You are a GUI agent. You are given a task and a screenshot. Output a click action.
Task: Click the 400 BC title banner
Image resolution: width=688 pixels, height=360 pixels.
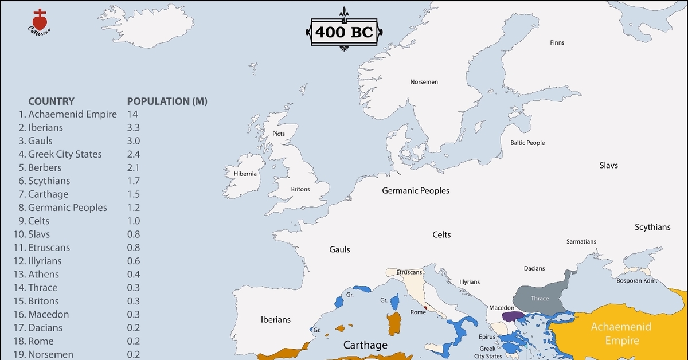(344, 32)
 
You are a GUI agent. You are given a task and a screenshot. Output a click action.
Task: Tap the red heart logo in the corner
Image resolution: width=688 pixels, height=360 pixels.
(39, 21)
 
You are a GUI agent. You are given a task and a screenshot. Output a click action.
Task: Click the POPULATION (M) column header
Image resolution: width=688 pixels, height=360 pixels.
(167, 101)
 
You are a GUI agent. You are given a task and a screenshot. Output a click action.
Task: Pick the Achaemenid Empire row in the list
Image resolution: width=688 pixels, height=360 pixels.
(72, 114)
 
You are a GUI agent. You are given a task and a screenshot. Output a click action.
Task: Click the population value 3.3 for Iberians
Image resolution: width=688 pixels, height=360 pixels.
(134, 127)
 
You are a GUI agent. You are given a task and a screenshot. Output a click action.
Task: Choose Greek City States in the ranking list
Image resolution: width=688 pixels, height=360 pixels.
(65, 154)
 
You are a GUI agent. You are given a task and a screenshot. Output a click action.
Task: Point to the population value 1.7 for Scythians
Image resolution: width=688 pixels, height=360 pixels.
(134, 181)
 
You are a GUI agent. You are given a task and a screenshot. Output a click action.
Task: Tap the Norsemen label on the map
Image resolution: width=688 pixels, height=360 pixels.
(424, 82)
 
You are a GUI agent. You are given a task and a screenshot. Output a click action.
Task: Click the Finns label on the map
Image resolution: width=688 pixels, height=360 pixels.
(557, 43)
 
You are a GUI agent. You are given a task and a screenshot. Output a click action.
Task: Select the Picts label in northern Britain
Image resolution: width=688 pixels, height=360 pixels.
(279, 134)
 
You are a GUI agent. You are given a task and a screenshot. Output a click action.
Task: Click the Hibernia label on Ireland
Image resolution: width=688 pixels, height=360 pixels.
(245, 174)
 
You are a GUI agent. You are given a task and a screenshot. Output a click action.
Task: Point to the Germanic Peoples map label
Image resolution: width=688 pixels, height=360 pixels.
(416, 190)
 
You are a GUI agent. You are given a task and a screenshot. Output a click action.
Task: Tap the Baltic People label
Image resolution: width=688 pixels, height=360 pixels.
(527, 143)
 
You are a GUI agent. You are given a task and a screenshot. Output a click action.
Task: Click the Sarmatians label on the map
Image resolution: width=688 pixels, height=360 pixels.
(581, 241)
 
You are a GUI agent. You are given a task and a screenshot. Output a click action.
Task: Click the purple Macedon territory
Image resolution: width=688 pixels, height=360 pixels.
(509, 316)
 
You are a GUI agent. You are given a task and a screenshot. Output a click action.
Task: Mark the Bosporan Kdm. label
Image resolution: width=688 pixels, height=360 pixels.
(636, 281)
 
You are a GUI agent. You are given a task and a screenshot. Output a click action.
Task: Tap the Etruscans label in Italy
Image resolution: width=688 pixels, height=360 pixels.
(409, 272)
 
